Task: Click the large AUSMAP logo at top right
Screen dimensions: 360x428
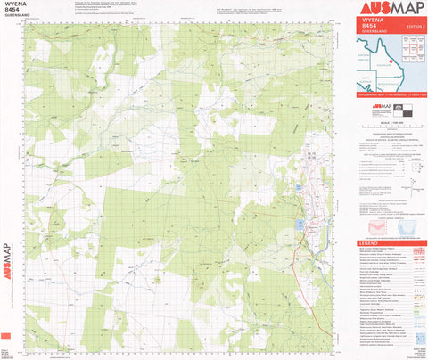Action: point(385,10)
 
